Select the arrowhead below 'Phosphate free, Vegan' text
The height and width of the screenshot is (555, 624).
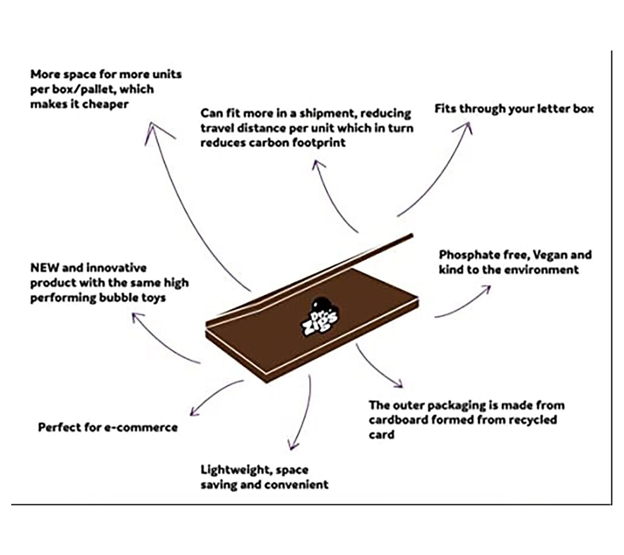(x=487, y=289)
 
